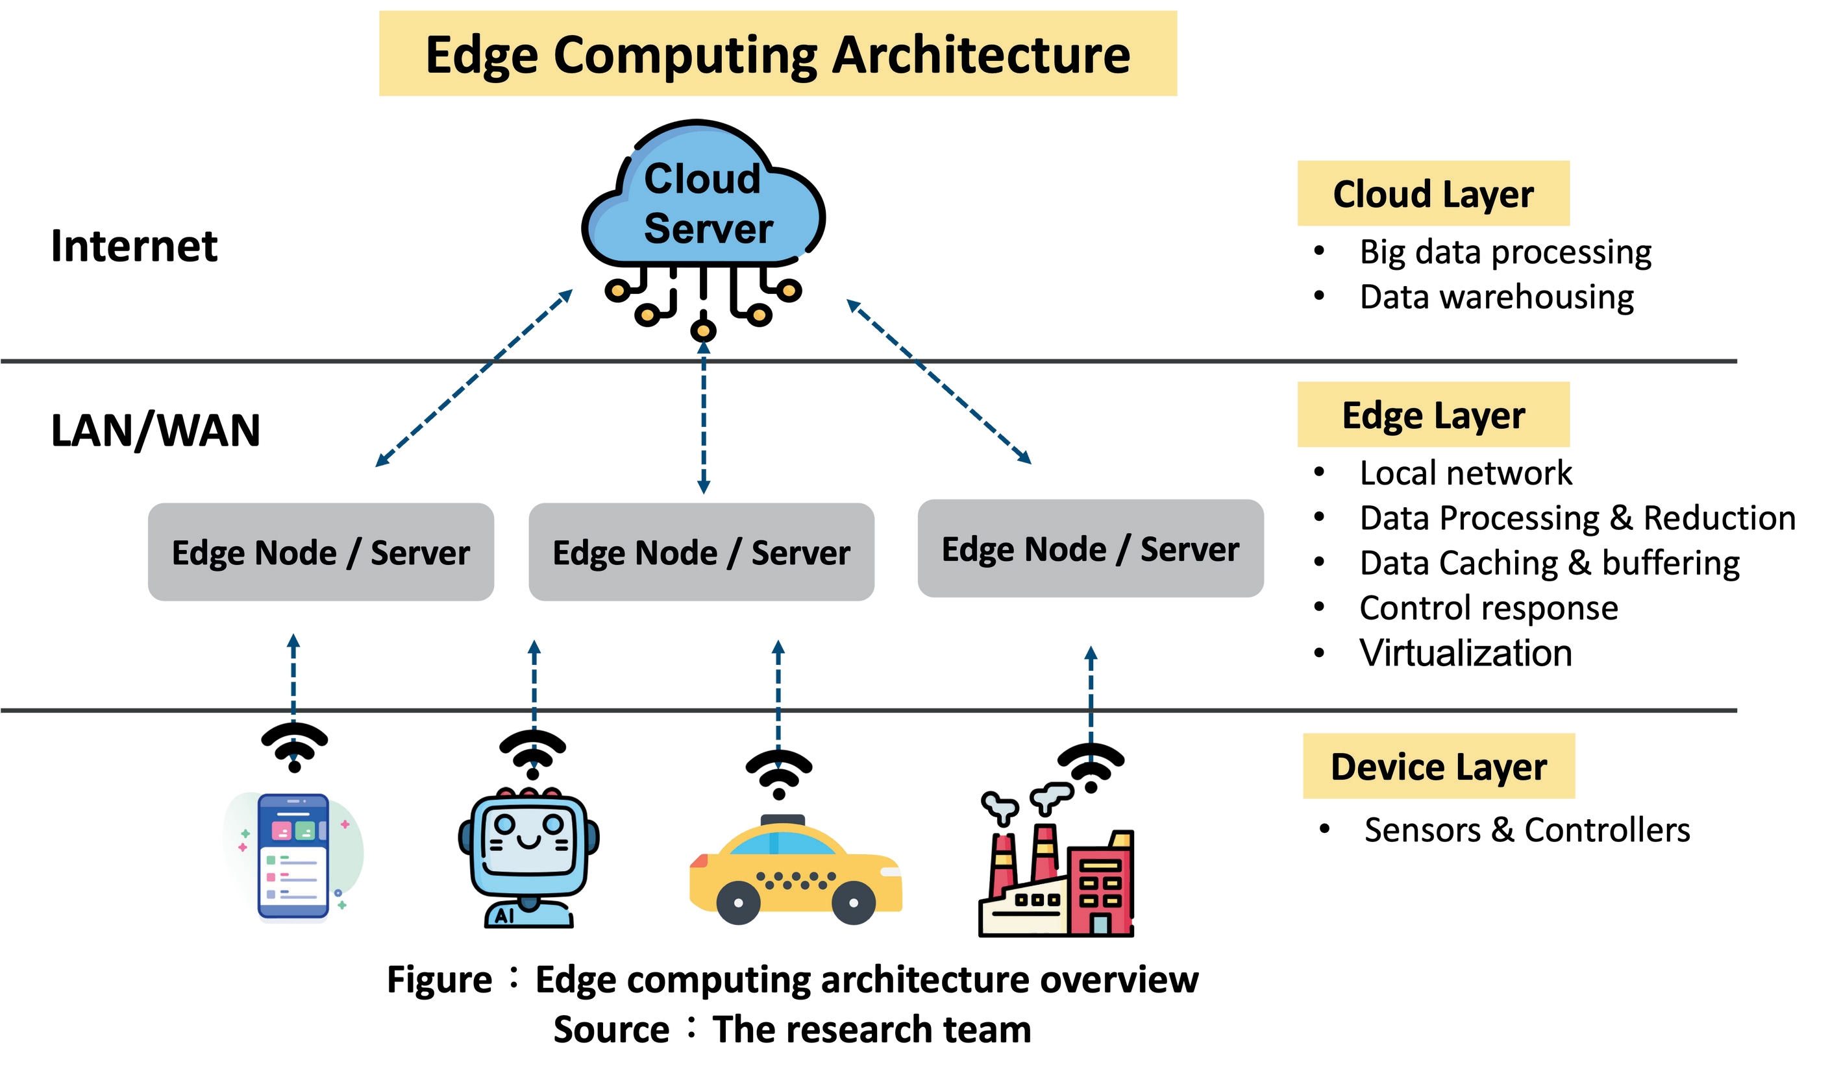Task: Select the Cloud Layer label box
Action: pos(1433,193)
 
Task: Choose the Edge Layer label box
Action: pos(1433,414)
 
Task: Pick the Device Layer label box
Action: pos(1439,766)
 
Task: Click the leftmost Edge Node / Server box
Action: pos(321,552)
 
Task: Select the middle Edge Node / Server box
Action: pos(701,552)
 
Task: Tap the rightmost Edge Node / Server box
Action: pos(1090,549)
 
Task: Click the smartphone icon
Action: pos(293,858)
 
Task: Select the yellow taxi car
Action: pos(795,872)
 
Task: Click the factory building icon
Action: pos(1057,876)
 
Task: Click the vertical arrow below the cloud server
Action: pos(704,420)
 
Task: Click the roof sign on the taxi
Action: pos(782,819)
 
